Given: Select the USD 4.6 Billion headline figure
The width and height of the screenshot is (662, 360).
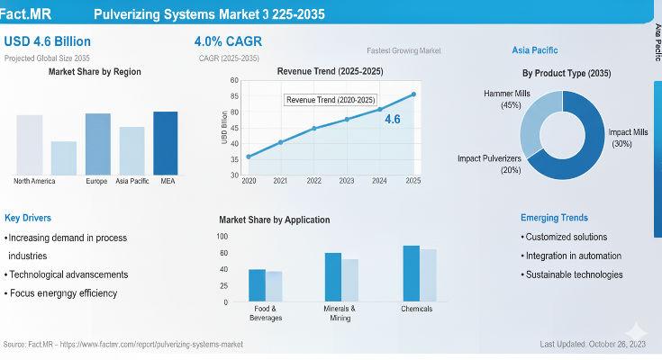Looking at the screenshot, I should point(47,41).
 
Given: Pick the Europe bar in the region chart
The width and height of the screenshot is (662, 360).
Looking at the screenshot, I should point(97,143).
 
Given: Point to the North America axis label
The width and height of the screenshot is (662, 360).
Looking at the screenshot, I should point(34,181).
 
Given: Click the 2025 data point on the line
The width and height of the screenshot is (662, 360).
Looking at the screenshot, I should point(413,94).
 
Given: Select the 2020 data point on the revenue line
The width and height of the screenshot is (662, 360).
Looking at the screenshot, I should point(249,157).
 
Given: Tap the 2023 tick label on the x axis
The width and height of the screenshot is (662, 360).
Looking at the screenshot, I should point(347,181).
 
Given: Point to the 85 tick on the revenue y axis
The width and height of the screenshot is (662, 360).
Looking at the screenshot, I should point(234,96).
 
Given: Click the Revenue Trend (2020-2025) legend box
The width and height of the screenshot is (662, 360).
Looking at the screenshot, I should point(331,100).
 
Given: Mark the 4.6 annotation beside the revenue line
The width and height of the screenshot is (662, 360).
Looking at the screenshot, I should point(393,119).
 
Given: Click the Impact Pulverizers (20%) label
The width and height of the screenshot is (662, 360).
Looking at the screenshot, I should point(489,164).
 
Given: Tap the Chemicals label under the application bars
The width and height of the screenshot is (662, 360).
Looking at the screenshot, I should point(416,309).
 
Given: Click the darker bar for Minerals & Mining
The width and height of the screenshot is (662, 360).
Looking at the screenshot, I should point(333,277).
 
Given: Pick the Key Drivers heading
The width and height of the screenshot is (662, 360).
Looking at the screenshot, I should point(28,218).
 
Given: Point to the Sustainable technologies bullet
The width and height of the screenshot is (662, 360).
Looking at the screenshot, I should point(574,274).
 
